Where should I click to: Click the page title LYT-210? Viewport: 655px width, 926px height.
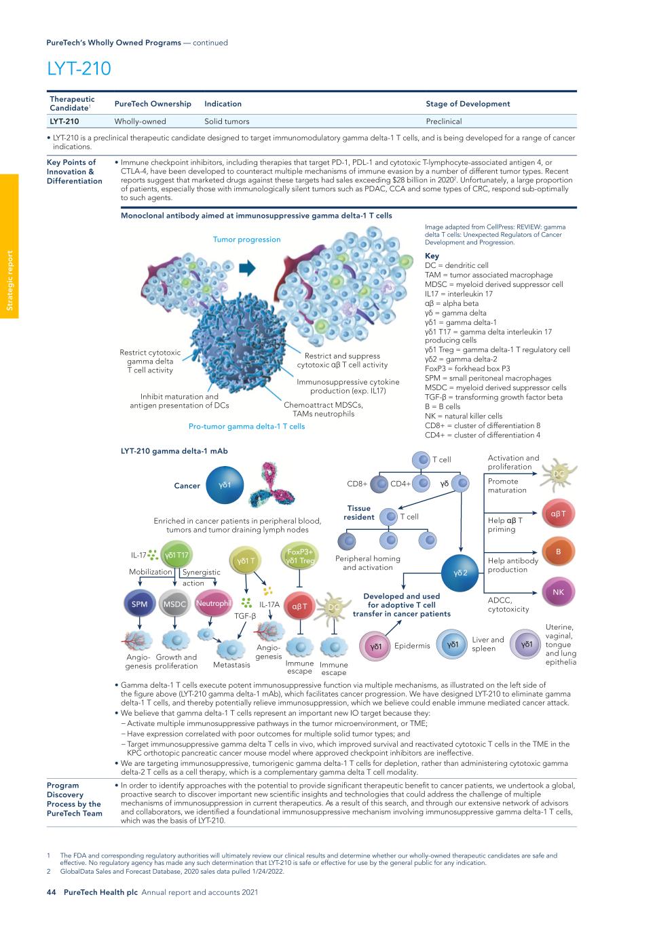79,69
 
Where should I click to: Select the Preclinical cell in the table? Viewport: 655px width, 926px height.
443,121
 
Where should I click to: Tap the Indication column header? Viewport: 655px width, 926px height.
223,104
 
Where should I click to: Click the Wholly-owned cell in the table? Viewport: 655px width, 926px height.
140,121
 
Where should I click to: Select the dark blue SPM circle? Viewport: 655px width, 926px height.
139,604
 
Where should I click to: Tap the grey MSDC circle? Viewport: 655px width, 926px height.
175,604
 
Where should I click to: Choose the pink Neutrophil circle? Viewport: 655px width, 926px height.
213,603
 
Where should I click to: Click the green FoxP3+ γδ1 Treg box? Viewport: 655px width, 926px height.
300,556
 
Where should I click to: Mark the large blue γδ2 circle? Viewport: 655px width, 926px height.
461,573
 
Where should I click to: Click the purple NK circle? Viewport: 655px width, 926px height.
558,592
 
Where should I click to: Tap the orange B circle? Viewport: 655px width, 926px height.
558,552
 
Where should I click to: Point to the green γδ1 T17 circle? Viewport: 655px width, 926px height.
176,556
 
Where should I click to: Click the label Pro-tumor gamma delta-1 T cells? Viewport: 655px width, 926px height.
246,427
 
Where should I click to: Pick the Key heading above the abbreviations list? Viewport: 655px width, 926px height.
432,256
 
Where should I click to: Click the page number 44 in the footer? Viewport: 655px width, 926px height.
51,892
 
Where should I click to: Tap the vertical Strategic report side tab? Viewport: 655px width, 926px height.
10,281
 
